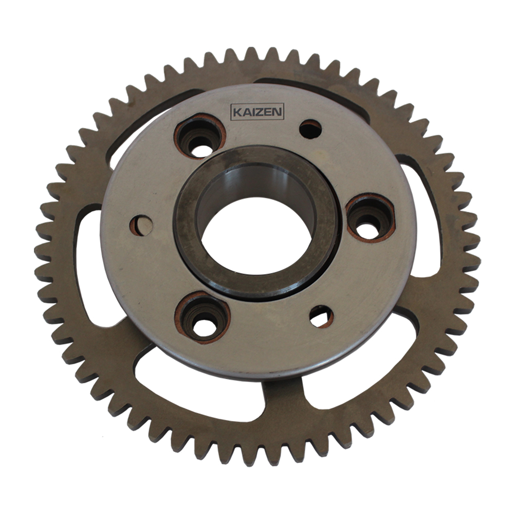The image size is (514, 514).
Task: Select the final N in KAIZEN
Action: pyautogui.click(x=277, y=112)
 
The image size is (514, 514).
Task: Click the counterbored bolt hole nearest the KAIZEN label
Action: pyautogui.click(x=200, y=137)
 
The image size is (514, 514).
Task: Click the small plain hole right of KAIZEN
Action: pyautogui.click(x=310, y=129)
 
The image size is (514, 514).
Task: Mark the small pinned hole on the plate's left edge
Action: pyautogui.click(x=141, y=226)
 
